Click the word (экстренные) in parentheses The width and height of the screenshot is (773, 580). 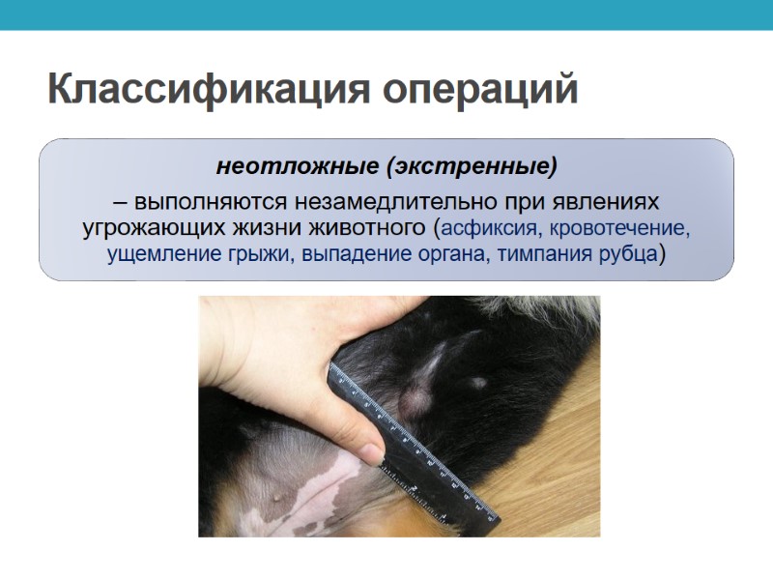(x=472, y=166)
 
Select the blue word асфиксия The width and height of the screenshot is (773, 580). (x=491, y=230)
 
